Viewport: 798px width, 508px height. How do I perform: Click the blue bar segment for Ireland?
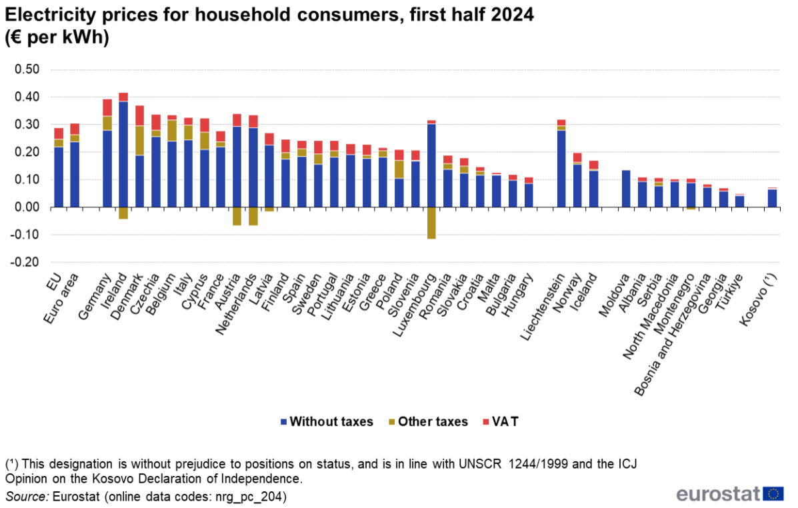point(123,154)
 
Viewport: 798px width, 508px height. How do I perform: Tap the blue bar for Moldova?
point(626,189)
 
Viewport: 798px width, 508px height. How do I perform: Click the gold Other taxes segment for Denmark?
point(139,140)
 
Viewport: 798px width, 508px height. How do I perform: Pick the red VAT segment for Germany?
point(107,107)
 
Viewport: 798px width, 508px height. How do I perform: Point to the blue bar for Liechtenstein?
point(561,169)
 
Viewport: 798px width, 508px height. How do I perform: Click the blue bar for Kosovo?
point(772,198)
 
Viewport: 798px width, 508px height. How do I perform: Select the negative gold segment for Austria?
point(237,216)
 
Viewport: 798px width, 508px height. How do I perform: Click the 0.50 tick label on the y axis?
point(27,70)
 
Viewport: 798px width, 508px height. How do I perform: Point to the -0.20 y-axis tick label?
point(26,263)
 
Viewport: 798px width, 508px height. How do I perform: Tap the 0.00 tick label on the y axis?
point(27,207)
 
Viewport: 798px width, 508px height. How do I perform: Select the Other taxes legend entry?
point(433,421)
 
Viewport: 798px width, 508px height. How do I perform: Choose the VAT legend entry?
point(505,421)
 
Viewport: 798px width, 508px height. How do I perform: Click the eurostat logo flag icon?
point(774,493)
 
